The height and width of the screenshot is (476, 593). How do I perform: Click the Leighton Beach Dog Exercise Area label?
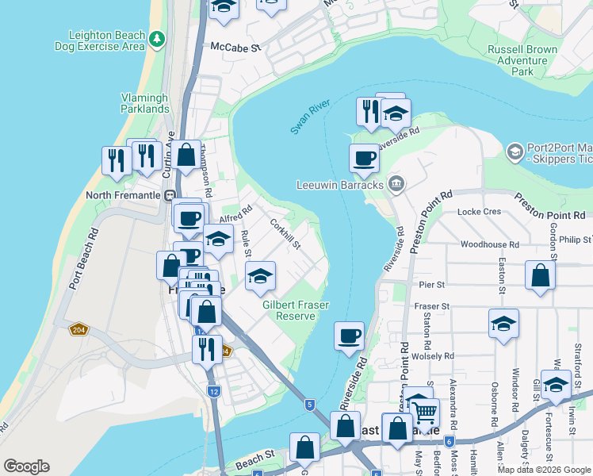click(100, 40)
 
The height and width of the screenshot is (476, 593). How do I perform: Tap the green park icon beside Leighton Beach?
click(158, 37)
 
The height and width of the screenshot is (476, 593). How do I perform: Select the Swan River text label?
click(309, 117)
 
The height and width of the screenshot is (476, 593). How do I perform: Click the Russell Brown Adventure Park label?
click(522, 59)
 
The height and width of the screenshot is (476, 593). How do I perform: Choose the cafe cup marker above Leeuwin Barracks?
click(364, 158)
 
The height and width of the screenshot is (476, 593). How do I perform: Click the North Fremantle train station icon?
click(169, 195)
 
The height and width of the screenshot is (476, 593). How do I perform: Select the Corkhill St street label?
click(285, 234)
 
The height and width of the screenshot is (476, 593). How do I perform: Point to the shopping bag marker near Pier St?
click(540, 276)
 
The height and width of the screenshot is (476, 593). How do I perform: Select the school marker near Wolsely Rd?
click(503, 324)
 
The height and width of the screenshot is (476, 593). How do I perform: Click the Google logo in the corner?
click(26, 466)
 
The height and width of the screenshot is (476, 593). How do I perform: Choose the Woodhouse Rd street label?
click(489, 245)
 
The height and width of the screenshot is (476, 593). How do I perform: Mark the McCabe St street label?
click(235, 48)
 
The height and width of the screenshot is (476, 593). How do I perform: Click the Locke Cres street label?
click(480, 212)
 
